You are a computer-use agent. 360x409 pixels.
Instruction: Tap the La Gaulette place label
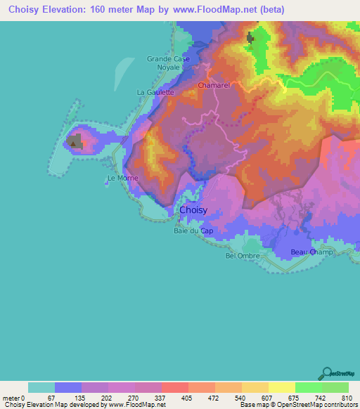155,92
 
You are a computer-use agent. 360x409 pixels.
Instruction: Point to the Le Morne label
122,178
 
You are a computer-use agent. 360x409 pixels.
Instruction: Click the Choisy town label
193,210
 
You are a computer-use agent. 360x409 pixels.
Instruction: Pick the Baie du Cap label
193,229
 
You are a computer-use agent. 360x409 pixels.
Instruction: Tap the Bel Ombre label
243,256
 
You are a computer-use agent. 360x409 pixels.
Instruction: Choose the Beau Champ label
308,251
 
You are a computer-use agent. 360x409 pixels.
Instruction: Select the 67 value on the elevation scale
51,397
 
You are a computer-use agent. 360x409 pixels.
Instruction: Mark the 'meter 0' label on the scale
13,397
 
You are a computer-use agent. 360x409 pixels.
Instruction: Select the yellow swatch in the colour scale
281,387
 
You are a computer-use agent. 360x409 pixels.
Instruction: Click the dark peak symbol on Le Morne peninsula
72,143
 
